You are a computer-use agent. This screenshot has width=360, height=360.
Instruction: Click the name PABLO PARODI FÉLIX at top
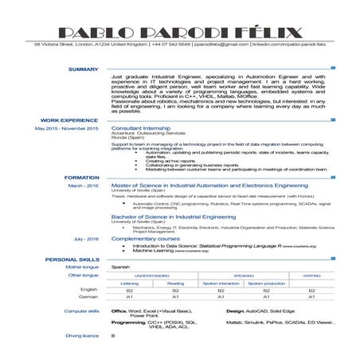[180, 33]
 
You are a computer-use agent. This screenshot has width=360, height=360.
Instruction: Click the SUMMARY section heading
[83, 70]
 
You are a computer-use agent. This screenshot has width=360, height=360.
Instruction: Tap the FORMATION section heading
[81, 178]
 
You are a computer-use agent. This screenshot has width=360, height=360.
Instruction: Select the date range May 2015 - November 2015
[67, 127]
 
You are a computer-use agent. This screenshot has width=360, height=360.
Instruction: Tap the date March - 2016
[83, 185]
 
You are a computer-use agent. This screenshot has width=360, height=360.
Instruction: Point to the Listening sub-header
[129, 283]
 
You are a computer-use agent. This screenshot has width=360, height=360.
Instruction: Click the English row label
[88, 290]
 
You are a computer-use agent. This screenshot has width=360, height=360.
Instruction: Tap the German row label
[88, 297]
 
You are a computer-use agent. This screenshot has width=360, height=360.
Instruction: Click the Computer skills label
[82, 311]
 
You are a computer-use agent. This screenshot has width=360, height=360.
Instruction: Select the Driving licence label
[82, 335]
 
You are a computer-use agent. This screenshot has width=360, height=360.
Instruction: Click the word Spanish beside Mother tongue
[120, 267]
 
